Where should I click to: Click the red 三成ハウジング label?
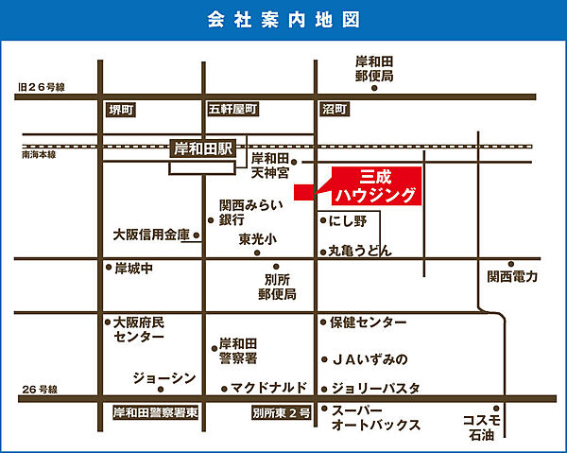pyautogui.click(x=376, y=186)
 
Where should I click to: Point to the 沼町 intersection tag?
pyautogui.click(x=334, y=111)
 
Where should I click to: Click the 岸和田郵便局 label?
pyautogui.click(x=374, y=68)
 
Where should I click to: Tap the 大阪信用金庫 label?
pyautogui.click(x=151, y=235)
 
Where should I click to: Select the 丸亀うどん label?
pyautogui.click(x=359, y=252)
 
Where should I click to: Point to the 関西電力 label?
pyautogui.click(x=512, y=277)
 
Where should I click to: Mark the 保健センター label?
pyautogui.click(x=368, y=322)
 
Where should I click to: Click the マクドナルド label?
pyautogui.click(x=269, y=388)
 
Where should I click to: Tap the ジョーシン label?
pyautogui.click(x=165, y=378)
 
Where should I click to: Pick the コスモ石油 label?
pyautogui.click(x=481, y=427)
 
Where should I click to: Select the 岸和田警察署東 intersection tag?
pyautogui.click(x=153, y=413)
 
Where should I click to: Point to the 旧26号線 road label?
pyautogui.click(x=41, y=87)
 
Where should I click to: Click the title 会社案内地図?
pyautogui.click(x=283, y=20)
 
